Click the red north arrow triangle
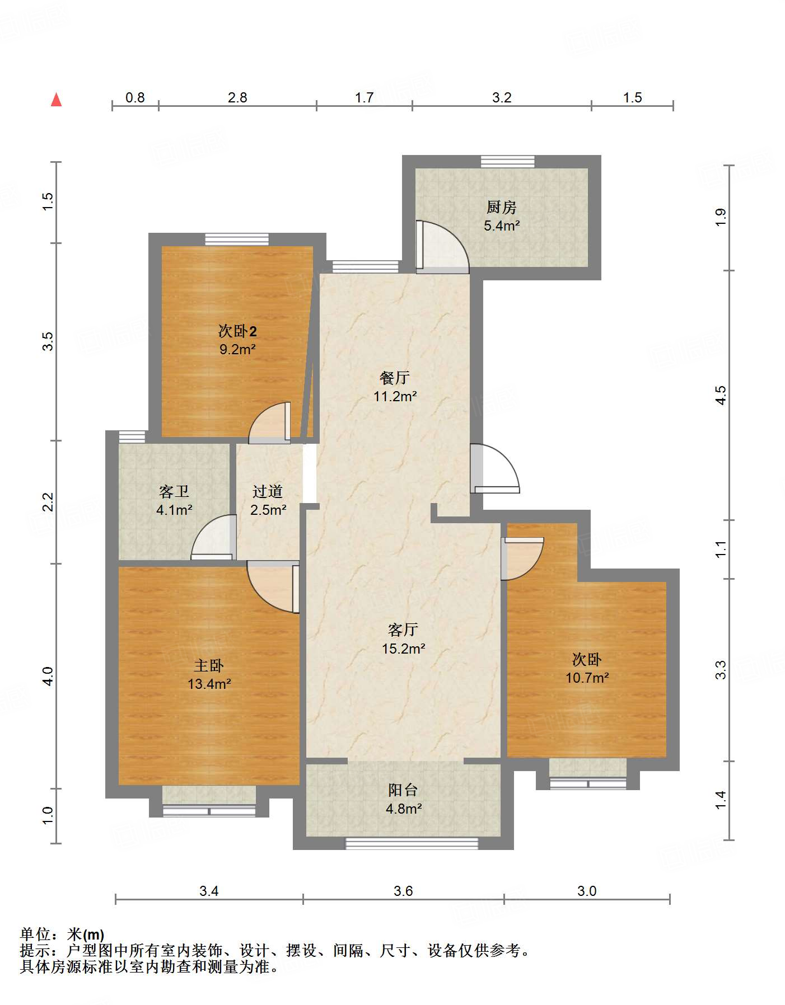click(x=56, y=100)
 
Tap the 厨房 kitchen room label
click(x=501, y=208)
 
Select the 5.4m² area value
click(x=502, y=226)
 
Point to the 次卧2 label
click(x=237, y=331)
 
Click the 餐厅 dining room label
click(x=395, y=378)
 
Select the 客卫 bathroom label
click(x=174, y=492)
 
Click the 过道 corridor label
click(x=268, y=492)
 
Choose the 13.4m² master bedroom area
click(x=209, y=684)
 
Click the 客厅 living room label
click(x=403, y=630)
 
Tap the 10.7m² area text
click(x=587, y=678)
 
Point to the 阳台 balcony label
click(x=403, y=790)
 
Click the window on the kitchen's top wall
click(x=507, y=161)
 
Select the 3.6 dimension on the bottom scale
click(x=403, y=891)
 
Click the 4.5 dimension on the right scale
click(x=721, y=395)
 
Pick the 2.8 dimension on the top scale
click(x=237, y=98)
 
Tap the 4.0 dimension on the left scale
click(x=48, y=676)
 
